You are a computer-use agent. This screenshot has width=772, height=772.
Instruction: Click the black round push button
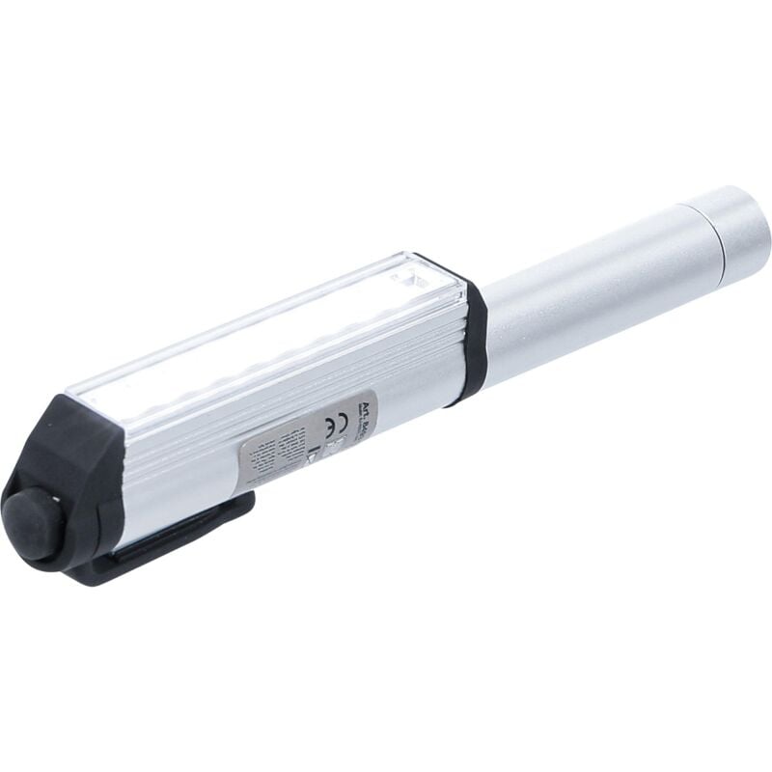pos(31,524)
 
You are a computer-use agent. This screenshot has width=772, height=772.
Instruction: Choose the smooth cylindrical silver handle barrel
pos(589,289)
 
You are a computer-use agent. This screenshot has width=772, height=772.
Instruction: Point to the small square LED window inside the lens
pos(411,281)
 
